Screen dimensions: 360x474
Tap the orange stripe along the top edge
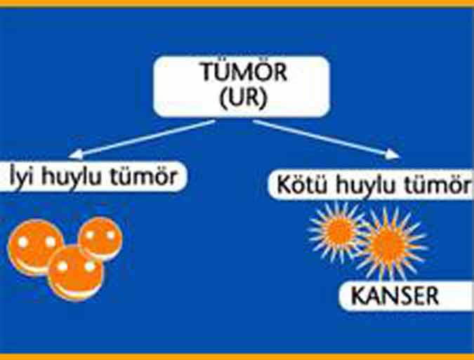pyautogui.click(x=237, y=3)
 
